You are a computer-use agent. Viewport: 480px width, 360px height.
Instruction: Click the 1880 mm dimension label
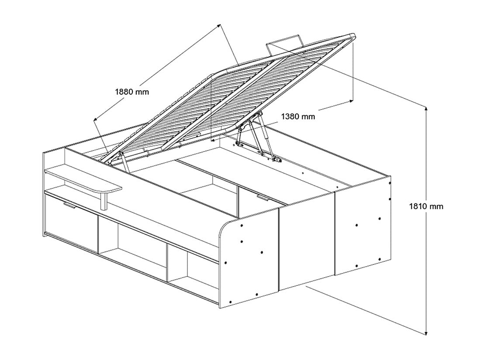(x=132, y=92)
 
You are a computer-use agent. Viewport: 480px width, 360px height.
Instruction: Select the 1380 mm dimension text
(x=298, y=117)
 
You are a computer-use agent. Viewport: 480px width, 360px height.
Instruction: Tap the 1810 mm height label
(x=426, y=206)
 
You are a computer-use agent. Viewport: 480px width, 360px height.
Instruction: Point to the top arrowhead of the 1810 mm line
(x=426, y=107)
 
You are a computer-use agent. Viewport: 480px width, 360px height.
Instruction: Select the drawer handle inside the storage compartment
(x=263, y=199)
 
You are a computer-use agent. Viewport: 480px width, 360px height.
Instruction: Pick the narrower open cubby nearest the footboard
(x=192, y=268)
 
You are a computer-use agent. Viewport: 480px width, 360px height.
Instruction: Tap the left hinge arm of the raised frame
(x=125, y=162)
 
